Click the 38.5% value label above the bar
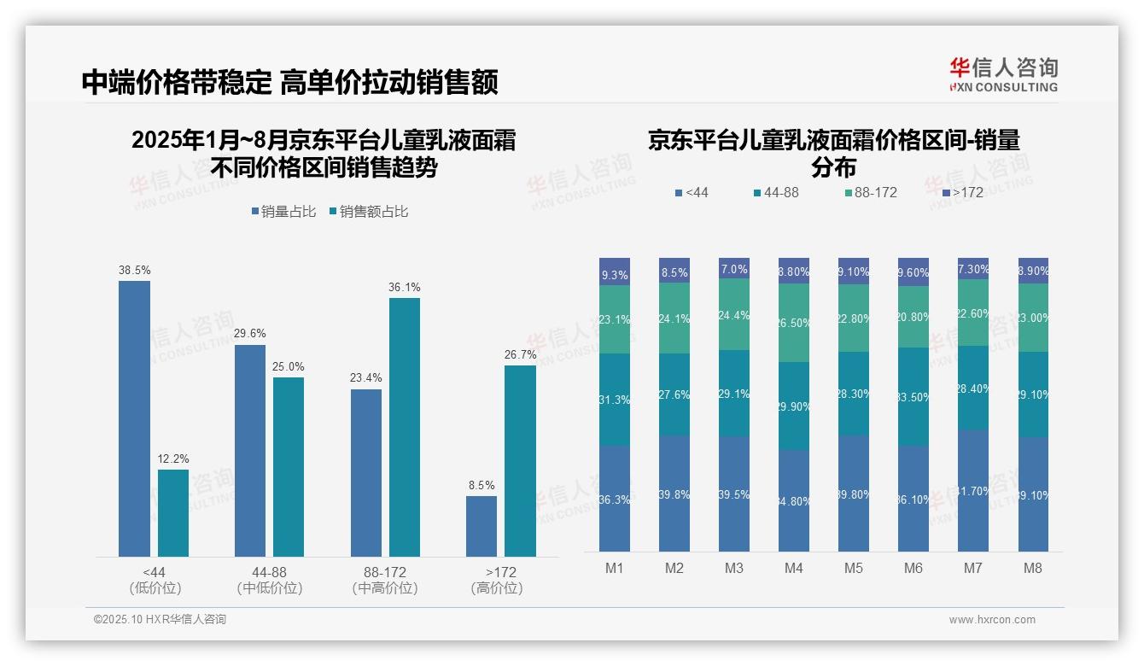(x=134, y=271)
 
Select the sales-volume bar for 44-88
(x=249, y=450)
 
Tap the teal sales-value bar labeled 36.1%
(x=405, y=427)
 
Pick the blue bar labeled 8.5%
(x=482, y=526)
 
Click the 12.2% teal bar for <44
(x=173, y=512)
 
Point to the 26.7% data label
(x=520, y=355)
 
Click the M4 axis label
(x=794, y=569)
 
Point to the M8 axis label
(x=1033, y=569)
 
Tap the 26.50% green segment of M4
(x=794, y=323)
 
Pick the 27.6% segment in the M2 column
(x=674, y=394)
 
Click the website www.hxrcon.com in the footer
(x=991, y=620)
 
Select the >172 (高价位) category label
(x=496, y=580)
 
